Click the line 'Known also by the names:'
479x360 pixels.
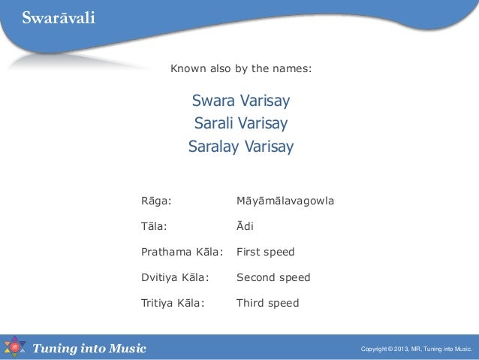coord(241,70)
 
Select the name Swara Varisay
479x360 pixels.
coord(241,101)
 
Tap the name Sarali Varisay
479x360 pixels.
coord(241,123)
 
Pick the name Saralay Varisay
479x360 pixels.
coord(241,146)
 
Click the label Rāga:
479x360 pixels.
coord(156,201)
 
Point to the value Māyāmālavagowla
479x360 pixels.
coord(285,201)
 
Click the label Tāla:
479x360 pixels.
coord(154,226)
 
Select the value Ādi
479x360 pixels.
coord(246,226)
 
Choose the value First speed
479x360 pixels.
coord(265,252)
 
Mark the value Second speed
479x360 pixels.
coord(273,277)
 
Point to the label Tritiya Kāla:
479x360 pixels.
coord(173,303)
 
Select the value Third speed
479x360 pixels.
coord(267,303)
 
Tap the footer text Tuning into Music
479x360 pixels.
coord(89,348)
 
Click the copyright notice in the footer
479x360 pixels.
coord(416,349)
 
